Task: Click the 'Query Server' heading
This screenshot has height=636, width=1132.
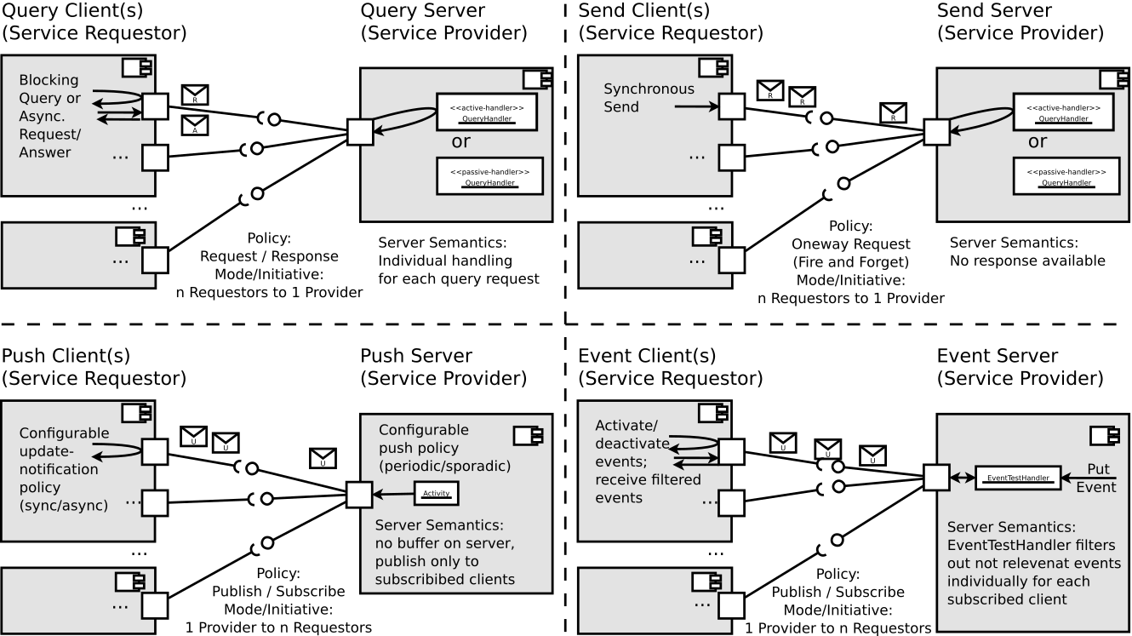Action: [422, 11]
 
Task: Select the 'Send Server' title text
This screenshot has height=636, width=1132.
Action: [994, 11]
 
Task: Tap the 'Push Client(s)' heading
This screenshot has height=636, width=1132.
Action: [60, 355]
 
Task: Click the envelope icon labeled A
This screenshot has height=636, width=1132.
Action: [195, 126]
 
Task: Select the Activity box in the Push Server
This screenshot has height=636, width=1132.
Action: [437, 493]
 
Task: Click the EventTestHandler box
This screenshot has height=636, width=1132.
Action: [1018, 478]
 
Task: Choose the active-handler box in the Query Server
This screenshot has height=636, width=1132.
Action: [487, 112]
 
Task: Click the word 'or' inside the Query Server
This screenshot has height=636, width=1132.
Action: [460, 142]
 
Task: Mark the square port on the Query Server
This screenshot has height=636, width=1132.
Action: [359, 133]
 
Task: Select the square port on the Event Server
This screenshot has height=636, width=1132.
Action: [936, 478]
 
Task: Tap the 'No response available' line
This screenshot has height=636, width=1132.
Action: [1027, 261]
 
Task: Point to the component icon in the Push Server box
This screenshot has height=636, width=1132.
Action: [524, 435]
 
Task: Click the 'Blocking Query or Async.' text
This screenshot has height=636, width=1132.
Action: [49, 98]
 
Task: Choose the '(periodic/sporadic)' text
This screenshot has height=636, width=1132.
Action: [444, 467]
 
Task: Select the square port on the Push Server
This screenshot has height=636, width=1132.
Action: [359, 494]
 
